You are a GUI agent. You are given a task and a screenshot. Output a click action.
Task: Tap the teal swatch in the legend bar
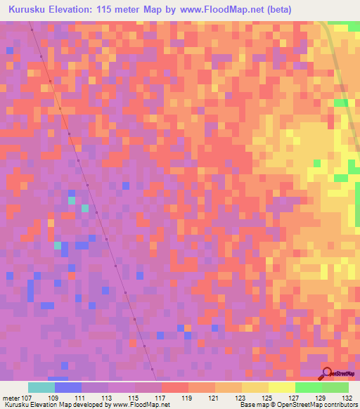pyautogui.click(x=41, y=387)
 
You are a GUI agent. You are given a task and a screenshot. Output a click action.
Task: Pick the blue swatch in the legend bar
pyautogui.click(x=68, y=387)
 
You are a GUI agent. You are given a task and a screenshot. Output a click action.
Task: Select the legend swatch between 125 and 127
pyautogui.click(x=281, y=387)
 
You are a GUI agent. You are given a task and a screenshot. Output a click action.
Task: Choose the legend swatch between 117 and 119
pyautogui.click(x=174, y=387)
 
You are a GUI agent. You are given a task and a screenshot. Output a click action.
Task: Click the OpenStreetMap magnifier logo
pyautogui.click(x=328, y=373)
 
